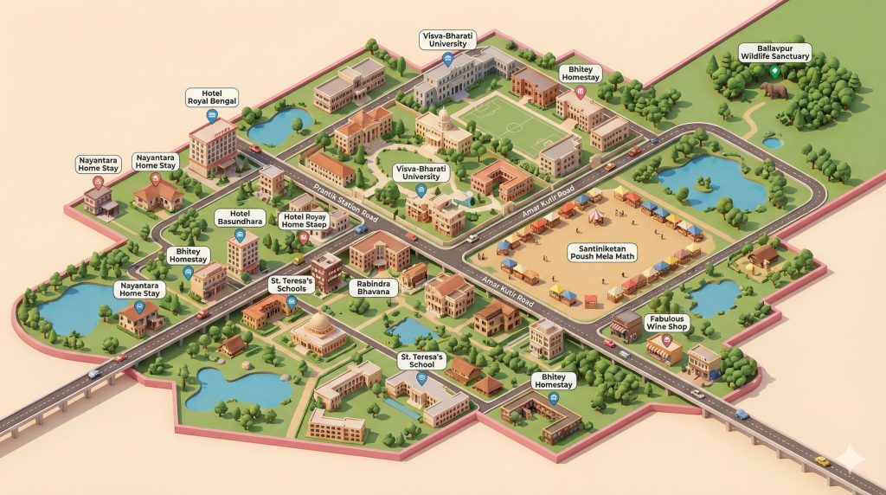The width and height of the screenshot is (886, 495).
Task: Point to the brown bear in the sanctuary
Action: pos(772,89)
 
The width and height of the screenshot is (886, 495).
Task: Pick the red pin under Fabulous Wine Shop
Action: pos(665,341)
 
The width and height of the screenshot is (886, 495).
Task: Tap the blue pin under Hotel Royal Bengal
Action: pos(212,114)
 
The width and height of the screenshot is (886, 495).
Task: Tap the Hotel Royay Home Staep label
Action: pos(303,222)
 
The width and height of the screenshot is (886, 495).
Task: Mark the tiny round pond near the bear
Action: pos(773,143)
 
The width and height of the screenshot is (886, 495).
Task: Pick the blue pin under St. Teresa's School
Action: pos(422,378)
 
